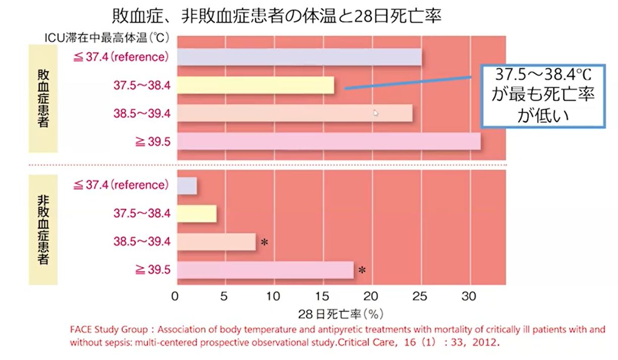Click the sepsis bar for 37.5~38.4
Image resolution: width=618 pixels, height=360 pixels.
[255, 86]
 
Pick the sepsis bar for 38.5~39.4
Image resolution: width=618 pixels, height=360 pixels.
[294, 113]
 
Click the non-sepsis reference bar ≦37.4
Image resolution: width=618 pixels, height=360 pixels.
[187, 186]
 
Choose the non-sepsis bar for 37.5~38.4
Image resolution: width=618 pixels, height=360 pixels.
[196, 214]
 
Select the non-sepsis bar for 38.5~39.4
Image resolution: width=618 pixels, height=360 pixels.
[216, 242]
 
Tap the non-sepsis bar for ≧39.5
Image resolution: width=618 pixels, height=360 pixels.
[265, 270]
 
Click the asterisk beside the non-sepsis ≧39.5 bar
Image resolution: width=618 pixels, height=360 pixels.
[362, 271]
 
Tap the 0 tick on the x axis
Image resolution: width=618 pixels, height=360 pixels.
[175, 296]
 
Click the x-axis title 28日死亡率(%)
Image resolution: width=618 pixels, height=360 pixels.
[341, 314]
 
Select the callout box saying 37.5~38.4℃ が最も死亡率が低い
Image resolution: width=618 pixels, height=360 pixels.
[542, 96]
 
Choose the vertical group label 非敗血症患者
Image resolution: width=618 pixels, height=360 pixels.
[43, 229]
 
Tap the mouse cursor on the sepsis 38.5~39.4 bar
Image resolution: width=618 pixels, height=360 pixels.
[375, 113]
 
